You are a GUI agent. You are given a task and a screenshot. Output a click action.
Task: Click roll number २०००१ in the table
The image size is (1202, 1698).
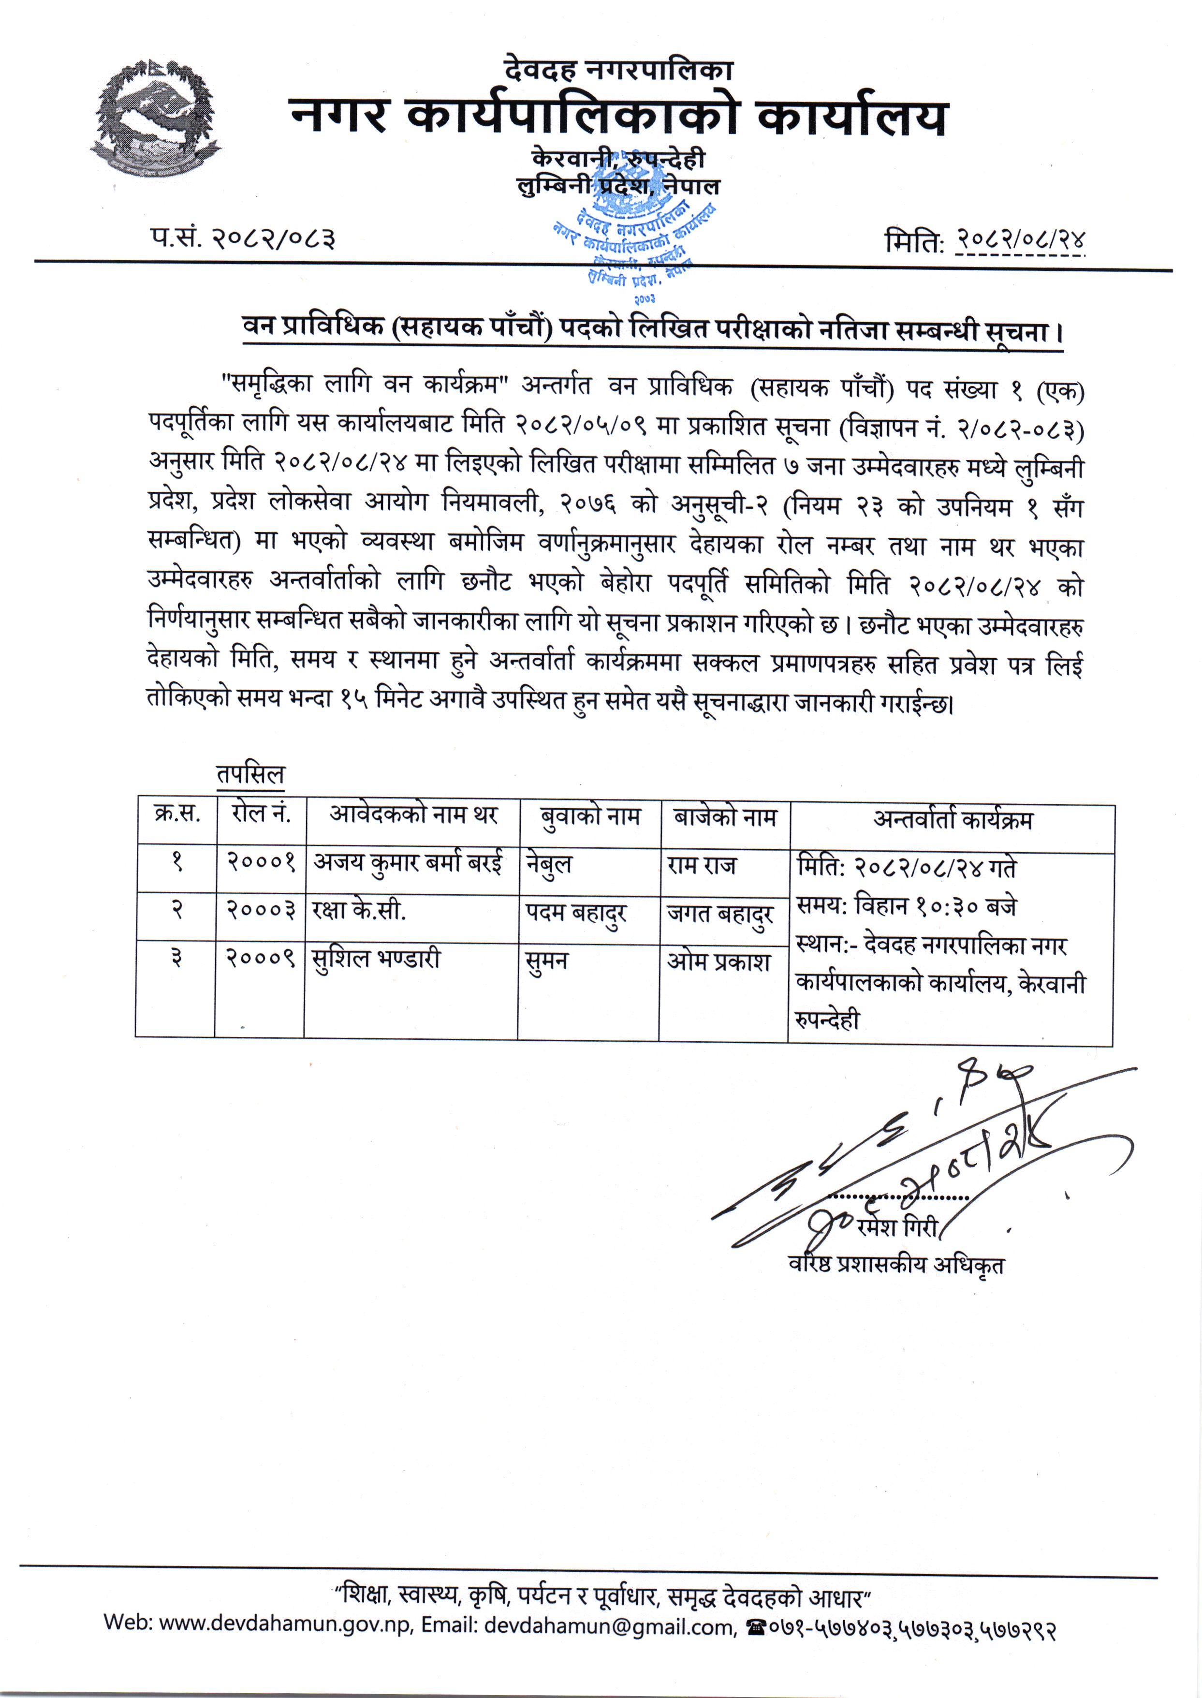click(x=261, y=862)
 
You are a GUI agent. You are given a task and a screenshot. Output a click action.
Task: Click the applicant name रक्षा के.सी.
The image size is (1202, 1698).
click(x=359, y=911)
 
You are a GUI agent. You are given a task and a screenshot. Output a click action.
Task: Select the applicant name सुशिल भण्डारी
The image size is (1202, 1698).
click(x=376, y=960)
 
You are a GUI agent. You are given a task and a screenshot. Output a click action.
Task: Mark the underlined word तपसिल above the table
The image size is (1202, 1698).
click(x=250, y=774)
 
